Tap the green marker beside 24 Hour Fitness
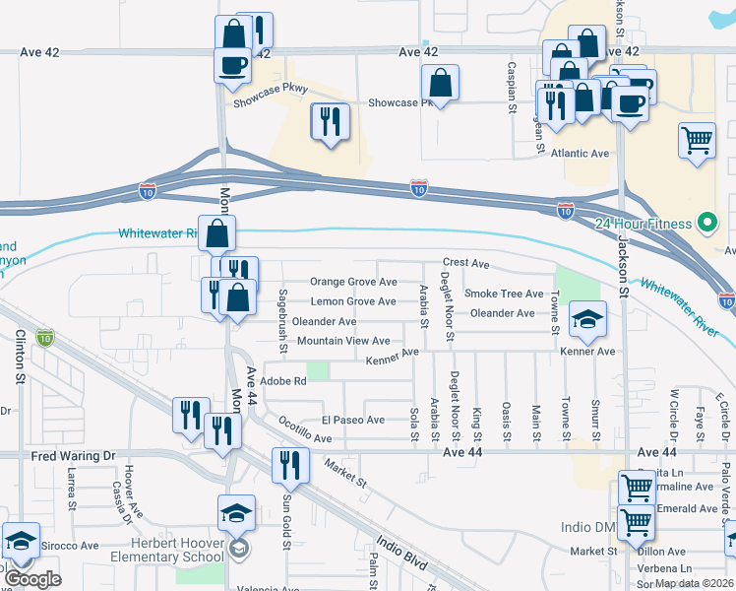point(705,222)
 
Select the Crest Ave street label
point(466,264)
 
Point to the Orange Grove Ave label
point(353,282)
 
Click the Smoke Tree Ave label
point(504,294)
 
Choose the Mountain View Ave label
point(343,341)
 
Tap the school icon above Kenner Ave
point(587,318)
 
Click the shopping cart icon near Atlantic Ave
point(697,140)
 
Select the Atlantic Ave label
point(581,154)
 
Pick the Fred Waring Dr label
point(74,456)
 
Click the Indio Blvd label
point(402,553)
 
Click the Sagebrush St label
point(282,321)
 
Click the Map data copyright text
point(695,583)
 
